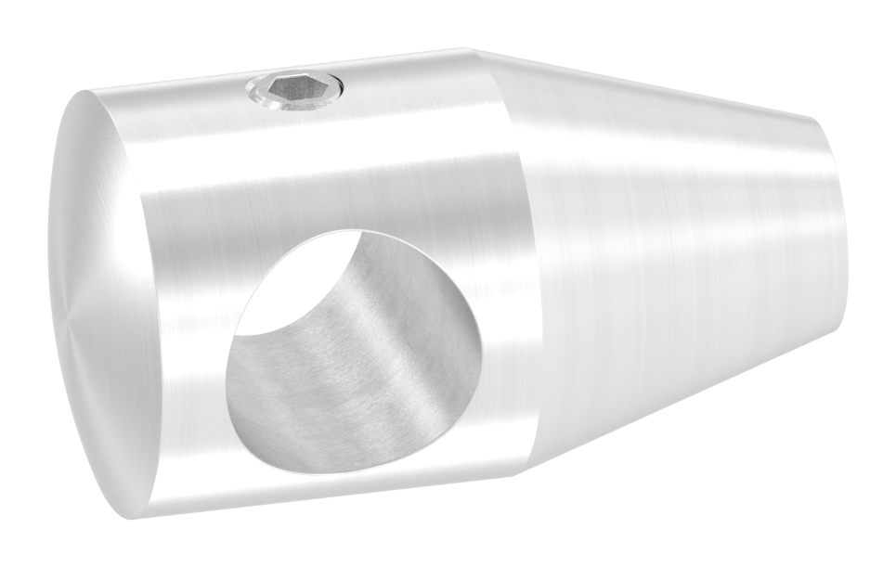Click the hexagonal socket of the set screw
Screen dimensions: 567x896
tap(293, 90)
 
